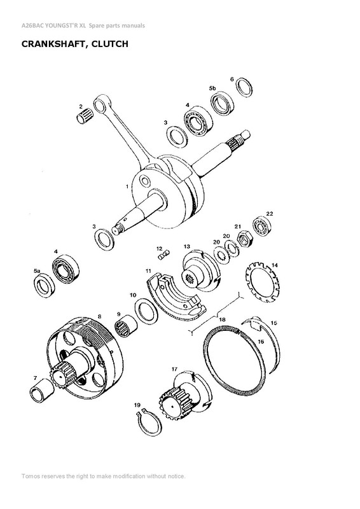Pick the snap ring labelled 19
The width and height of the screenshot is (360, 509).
147,417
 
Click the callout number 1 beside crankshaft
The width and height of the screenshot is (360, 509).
127,185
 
